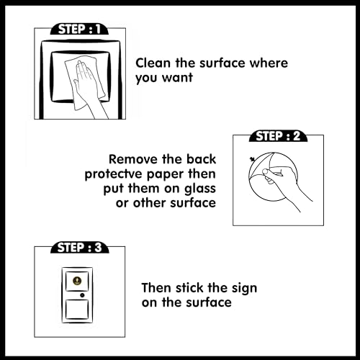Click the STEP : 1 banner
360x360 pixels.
tap(79, 29)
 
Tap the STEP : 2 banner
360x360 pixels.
tap(278, 136)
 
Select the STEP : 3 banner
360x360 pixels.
tap(80, 248)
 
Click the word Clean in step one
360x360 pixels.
tap(153, 63)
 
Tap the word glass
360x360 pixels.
tap(200, 189)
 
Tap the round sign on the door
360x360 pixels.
tap(77, 281)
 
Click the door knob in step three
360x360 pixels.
tap(82, 295)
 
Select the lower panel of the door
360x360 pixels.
tap(77, 310)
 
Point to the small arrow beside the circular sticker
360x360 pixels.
tap(252, 159)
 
